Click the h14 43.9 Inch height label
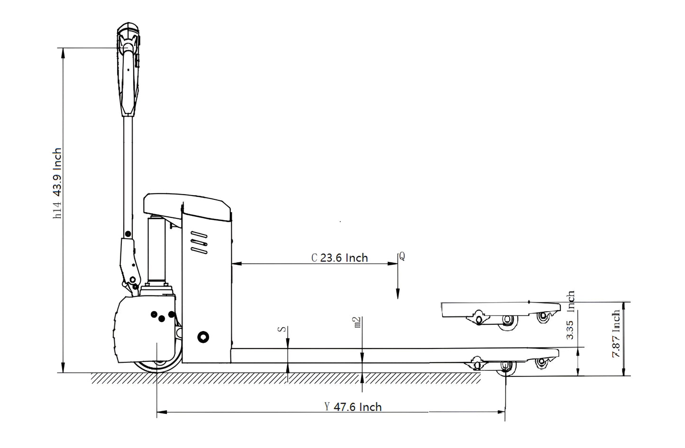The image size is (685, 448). (57, 184)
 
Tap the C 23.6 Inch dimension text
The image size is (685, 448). (339, 258)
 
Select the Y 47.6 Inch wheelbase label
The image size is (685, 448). (353, 406)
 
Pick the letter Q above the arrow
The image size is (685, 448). (402, 256)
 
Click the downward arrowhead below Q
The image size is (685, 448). (397, 294)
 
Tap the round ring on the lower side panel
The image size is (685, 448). (203, 337)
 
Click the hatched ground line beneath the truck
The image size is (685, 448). (284, 378)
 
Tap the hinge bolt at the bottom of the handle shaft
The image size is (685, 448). (128, 233)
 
